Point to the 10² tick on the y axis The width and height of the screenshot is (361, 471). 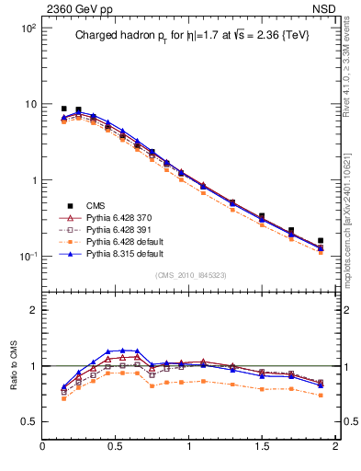(28, 29)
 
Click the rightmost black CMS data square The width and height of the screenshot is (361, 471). (321, 241)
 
